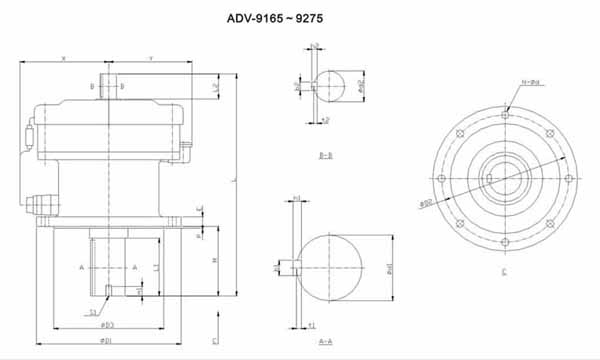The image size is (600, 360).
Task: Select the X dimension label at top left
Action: coord(63,59)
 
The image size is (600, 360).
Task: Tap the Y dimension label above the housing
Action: coord(150,59)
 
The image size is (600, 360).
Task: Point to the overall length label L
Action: coord(232,180)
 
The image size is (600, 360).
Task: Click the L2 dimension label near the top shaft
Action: coord(217,88)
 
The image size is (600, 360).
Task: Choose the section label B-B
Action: coord(325,156)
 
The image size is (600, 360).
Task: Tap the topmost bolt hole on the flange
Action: coord(506,116)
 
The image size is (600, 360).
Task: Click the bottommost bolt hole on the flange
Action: coord(506,243)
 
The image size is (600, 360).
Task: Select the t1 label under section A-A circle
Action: coord(311,325)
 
